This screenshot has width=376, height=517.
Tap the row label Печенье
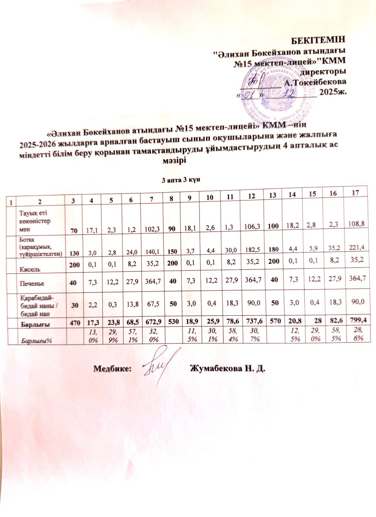pyautogui.click(x=32, y=283)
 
